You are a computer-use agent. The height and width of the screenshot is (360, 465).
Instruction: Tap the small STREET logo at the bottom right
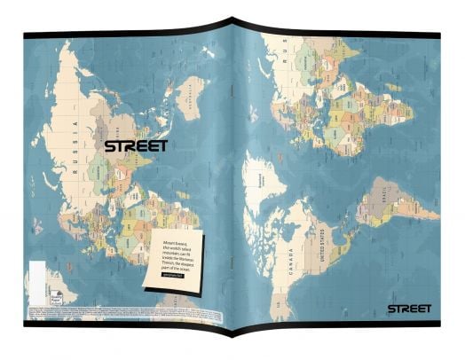click(x=408, y=309)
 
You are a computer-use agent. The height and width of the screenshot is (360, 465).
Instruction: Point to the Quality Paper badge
click(x=52, y=275)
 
